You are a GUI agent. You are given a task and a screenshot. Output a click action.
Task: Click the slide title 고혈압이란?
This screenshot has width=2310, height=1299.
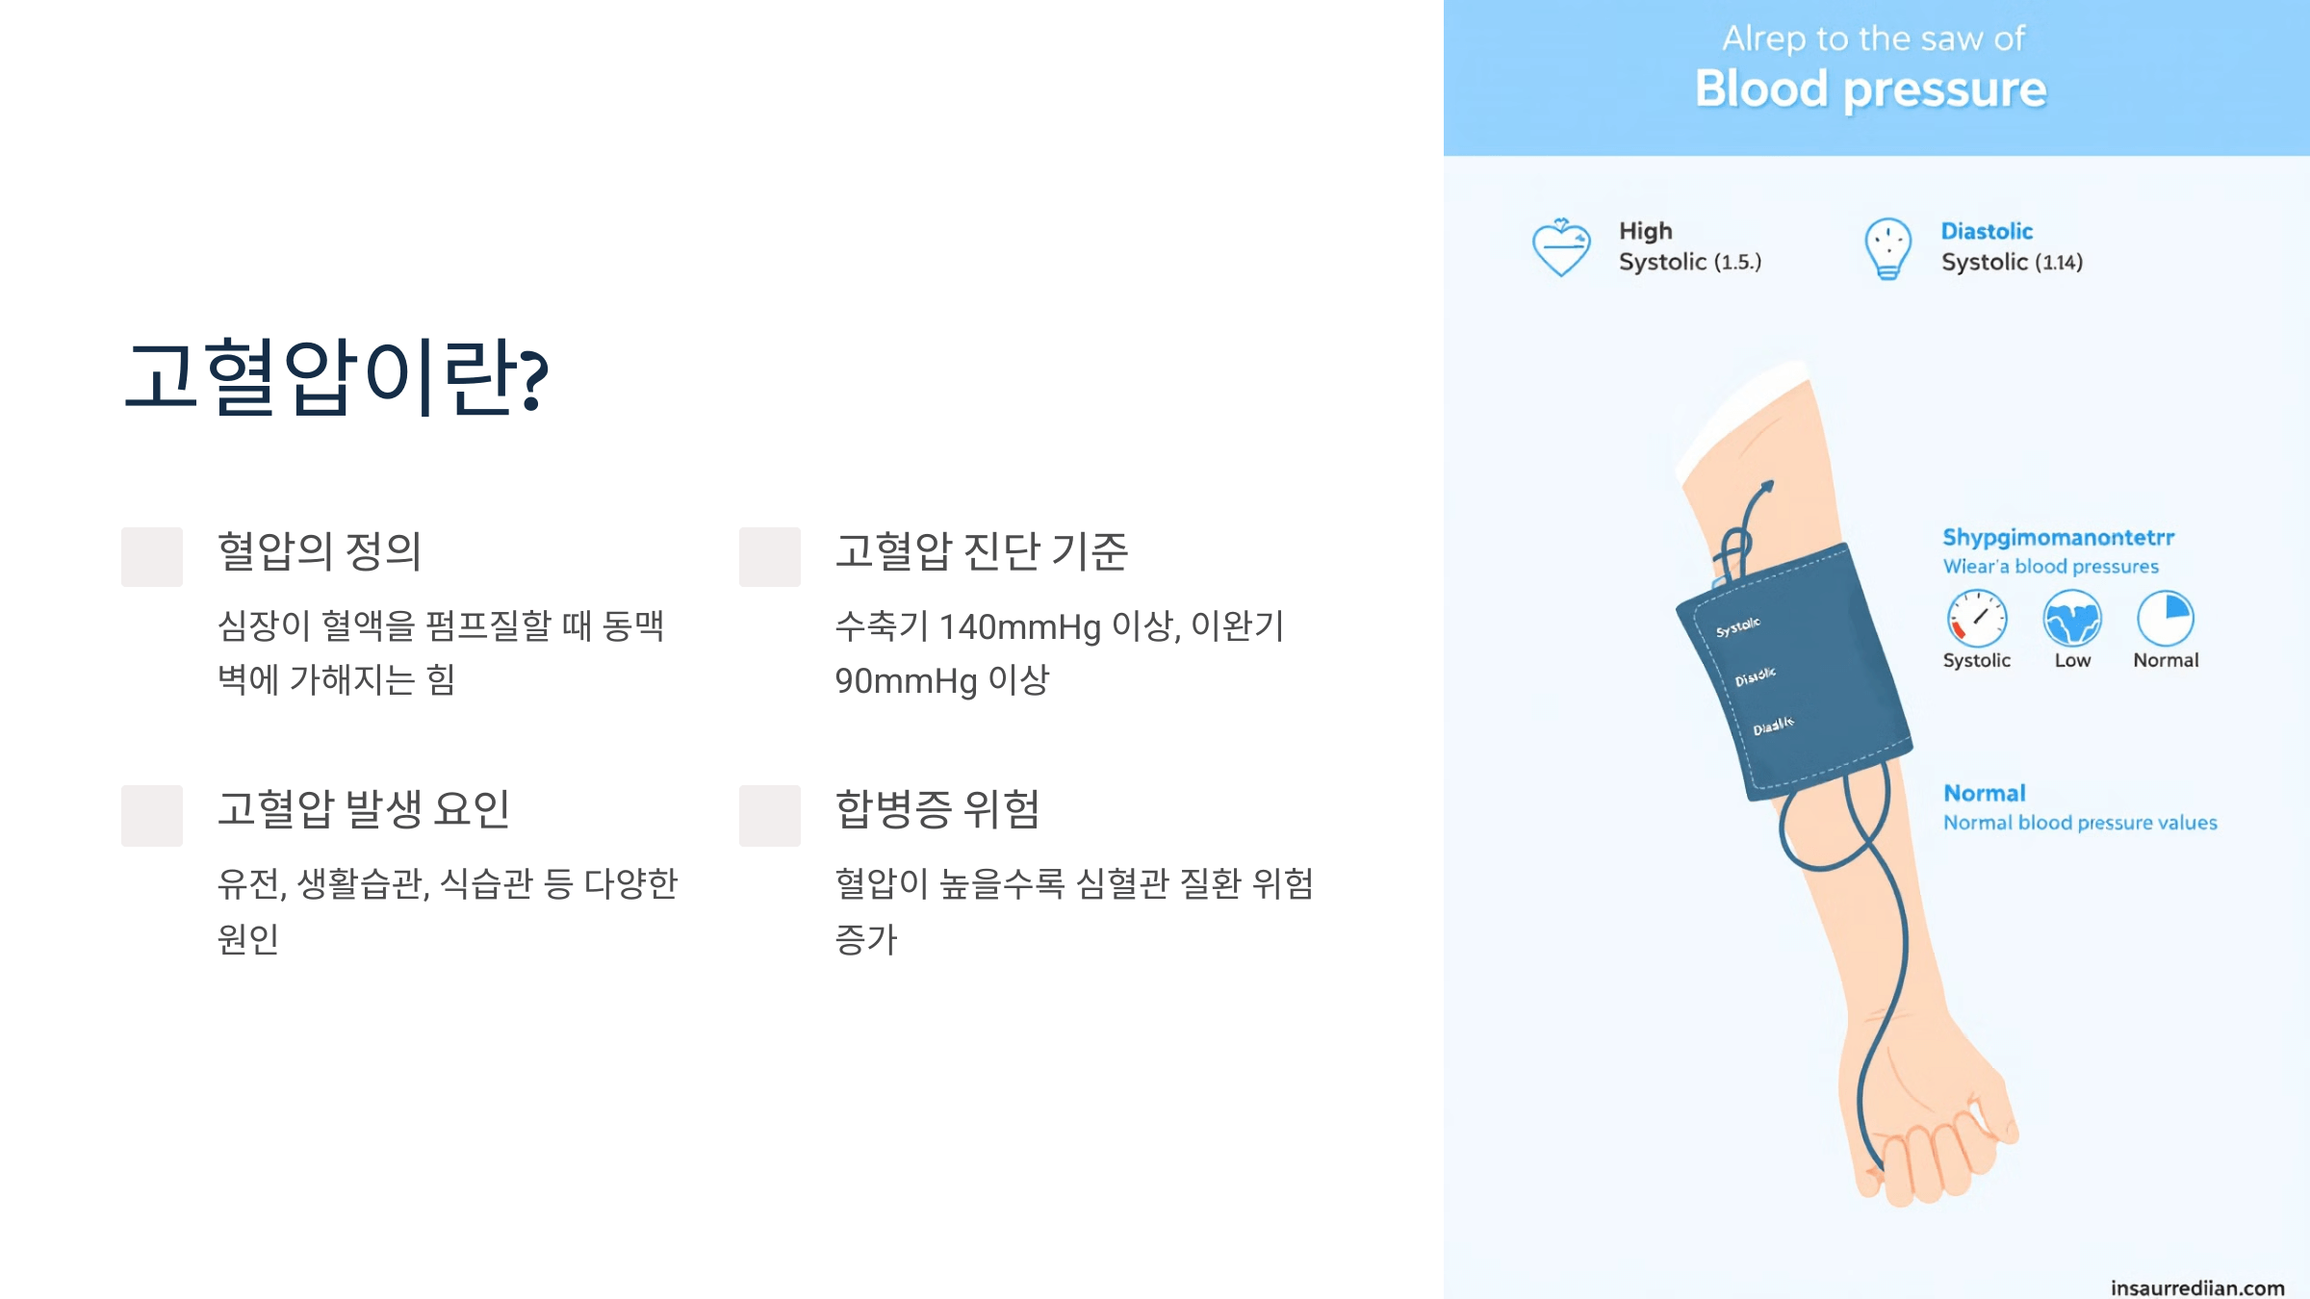336,376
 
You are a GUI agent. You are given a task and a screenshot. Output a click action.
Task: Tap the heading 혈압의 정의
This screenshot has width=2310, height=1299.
320,551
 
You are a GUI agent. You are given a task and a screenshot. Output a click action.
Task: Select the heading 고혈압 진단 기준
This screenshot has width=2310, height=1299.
981,551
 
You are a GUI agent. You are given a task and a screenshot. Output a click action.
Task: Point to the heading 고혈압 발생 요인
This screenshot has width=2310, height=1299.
363,809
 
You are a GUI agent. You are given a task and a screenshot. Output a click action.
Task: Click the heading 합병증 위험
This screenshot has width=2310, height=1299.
937,809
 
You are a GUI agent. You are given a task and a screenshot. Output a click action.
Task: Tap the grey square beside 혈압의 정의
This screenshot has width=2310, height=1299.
152,556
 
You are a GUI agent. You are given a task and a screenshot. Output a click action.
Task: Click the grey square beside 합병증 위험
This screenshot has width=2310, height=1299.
770,815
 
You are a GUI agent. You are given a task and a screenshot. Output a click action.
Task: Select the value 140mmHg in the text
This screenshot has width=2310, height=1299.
1019,627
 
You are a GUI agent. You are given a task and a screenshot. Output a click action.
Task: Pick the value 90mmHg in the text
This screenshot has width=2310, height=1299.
906,681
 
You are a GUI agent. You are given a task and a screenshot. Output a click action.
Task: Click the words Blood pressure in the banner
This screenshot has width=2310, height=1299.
1870,89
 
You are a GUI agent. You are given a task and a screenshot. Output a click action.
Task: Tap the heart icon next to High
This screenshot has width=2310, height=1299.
1560,247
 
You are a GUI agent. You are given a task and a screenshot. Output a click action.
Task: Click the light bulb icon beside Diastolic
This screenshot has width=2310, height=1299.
1887,248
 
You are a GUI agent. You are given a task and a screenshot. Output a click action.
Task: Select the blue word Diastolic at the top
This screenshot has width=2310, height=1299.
1987,231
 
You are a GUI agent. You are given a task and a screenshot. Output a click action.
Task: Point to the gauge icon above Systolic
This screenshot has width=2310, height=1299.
1977,618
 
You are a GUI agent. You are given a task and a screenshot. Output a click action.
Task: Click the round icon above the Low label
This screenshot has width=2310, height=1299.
2072,618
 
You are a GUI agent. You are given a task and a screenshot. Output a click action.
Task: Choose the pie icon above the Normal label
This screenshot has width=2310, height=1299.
2166,618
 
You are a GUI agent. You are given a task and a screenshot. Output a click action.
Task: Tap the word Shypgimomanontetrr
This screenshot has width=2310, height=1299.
2058,537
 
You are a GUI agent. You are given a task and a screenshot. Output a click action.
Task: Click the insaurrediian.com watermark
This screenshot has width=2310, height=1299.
2197,1287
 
